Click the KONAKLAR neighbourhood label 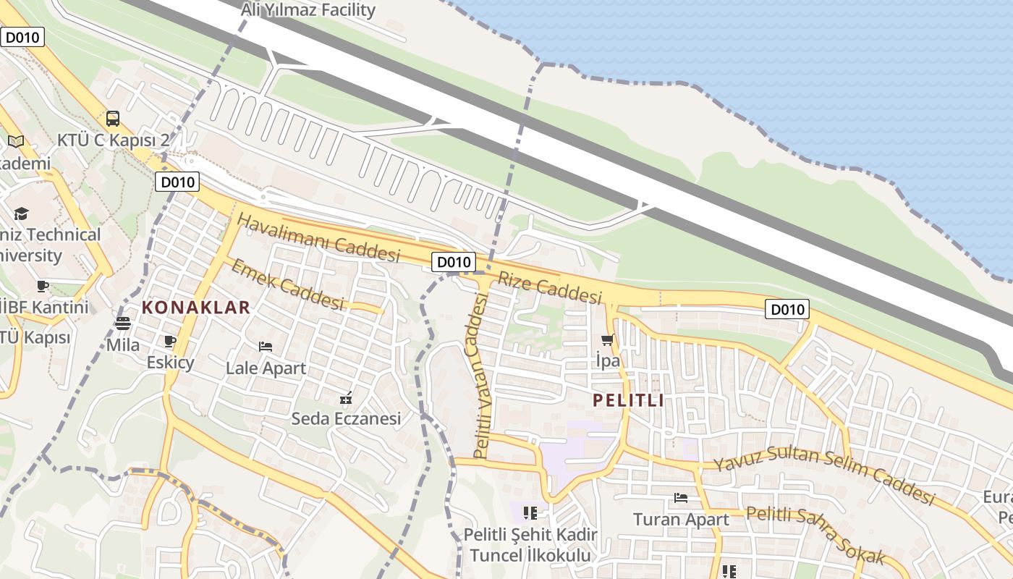click(195, 307)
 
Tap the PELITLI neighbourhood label click(628, 400)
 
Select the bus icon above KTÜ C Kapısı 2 click(113, 119)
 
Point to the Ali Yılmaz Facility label click(308, 10)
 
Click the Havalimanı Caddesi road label click(318, 237)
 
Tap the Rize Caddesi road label click(550, 287)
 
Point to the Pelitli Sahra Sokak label click(815, 535)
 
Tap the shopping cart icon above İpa click(607, 339)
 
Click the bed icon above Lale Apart click(266, 347)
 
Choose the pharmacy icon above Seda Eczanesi click(346, 397)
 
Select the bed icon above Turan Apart click(681, 498)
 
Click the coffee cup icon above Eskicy click(170, 341)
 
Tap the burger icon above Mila click(123, 324)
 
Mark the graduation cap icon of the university click(21, 214)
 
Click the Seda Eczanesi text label click(346, 418)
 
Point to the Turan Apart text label click(681, 519)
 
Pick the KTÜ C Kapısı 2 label click(113, 140)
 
